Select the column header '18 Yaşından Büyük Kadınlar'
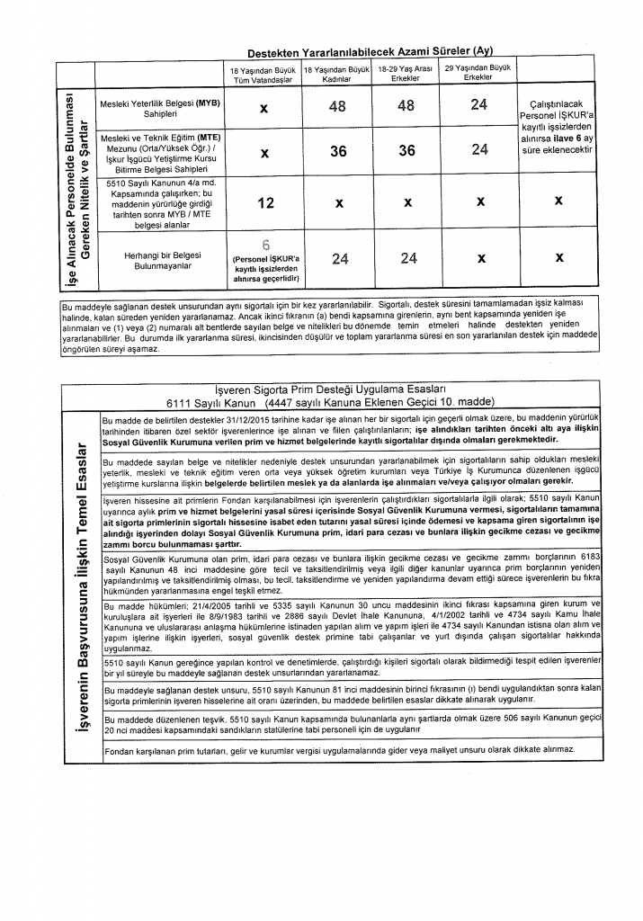337,74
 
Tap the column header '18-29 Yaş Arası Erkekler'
406,74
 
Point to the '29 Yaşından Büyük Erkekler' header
478,72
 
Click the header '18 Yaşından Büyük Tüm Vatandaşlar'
264,74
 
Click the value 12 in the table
265,203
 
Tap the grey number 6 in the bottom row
265,244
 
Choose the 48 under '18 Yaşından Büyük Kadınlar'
338,106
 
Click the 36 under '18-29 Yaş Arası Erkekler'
406,151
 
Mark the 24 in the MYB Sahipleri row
478,106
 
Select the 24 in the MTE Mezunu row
478,150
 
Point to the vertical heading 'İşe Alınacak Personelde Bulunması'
65,183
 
